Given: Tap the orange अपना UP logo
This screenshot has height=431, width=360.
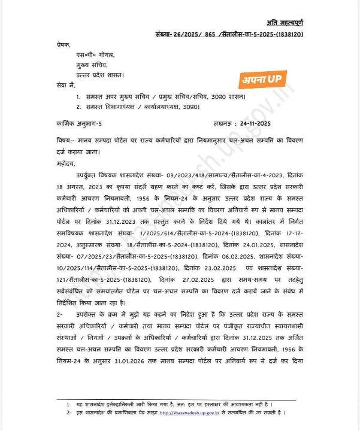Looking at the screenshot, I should coord(264,78).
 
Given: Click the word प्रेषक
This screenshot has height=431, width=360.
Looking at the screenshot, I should coord(62,45).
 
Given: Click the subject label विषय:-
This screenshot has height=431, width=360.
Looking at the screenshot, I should coord(64,139).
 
